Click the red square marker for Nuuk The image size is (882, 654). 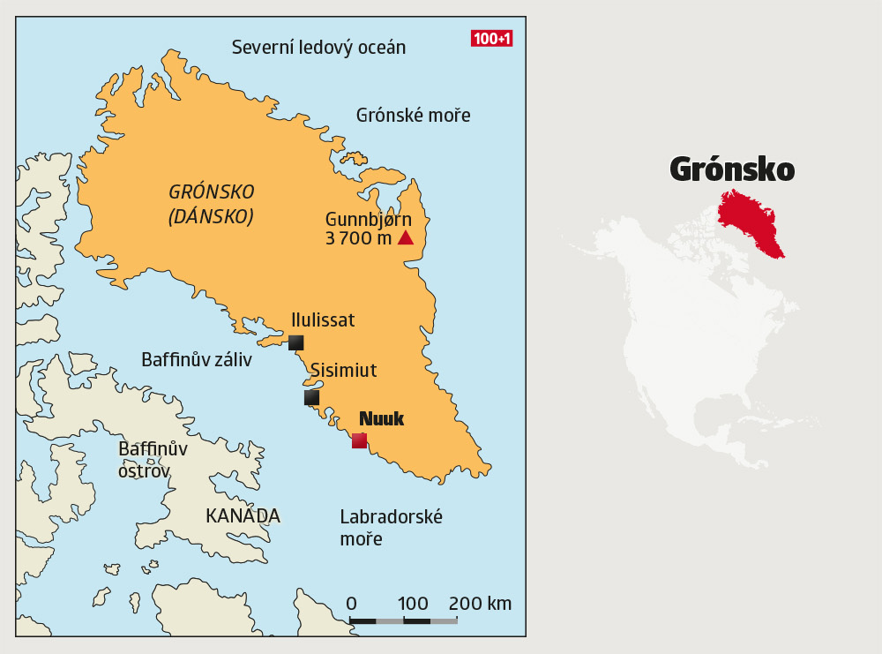click(359, 440)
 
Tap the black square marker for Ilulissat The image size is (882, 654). click(295, 342)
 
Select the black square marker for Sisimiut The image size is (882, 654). click(311, 397)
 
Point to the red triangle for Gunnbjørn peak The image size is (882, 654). click(406, 237)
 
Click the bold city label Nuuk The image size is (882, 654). click(381, 418)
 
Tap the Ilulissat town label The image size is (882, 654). click(323, 319)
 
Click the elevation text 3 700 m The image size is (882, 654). click(357, 238)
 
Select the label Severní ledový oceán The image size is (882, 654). click(318, 48)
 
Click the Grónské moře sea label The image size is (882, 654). click(413, 115)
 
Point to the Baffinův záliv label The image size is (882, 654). click(197, 359)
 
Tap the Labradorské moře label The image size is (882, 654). click(391, 527)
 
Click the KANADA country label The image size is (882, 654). click(243, 516)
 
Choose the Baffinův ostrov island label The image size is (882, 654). click(153, 460)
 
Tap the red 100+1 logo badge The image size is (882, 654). click(492, 39)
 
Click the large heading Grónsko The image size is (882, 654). click(732, 169)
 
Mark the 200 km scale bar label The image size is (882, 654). click(480, 604)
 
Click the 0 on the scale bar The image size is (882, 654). click(351, 604)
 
